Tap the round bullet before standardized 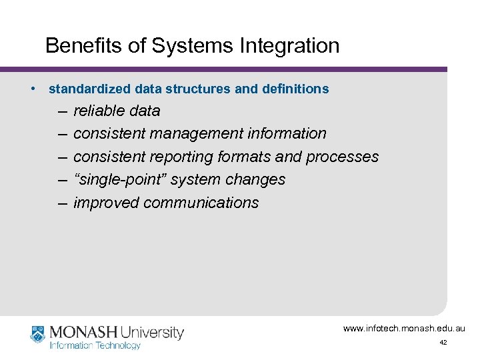click(33, 88)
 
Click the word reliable click(94, 111)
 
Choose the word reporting click(181, 157)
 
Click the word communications click(201, 203)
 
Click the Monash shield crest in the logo click(37, 333)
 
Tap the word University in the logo click(151, 332)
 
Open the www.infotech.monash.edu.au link click(404, 328)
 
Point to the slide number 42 click(443, 342)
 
